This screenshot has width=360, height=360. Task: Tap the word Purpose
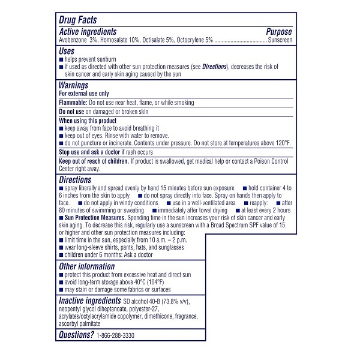click(x=279, y=31)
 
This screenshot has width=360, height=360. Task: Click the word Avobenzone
click(x=74, y=40)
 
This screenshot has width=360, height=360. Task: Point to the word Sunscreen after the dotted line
click(x=280, y=40)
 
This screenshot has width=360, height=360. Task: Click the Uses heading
click(x=67, y=52)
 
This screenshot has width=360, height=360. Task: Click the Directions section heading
click(x=75, y=179)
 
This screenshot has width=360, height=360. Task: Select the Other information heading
click(x=86, y=266)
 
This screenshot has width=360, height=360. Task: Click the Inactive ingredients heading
click(x=89, y=300)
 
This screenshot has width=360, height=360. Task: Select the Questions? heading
click(x=76, y=335)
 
